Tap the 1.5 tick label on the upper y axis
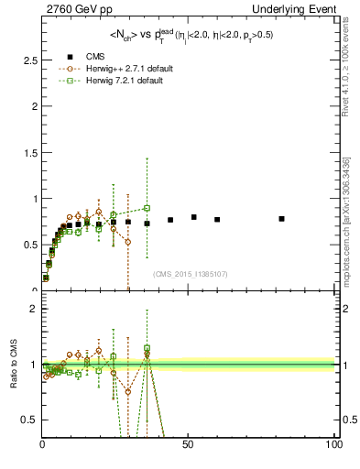[29, 152]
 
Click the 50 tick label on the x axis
[188, 445]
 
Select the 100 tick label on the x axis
[332, 445]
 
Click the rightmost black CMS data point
[281, 219]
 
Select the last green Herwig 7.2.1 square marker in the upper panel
[147, 209]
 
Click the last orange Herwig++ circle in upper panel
[128, 242]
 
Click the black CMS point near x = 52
[194, 217]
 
